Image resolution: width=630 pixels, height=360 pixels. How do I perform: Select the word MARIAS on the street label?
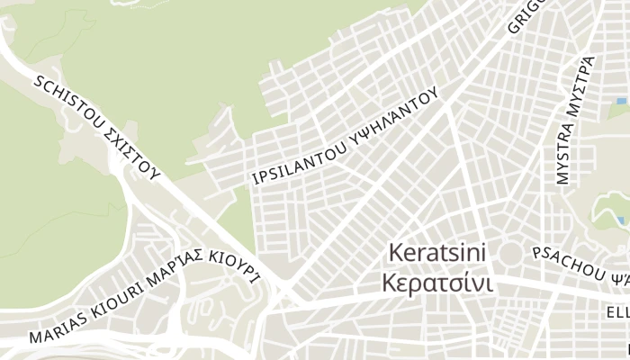pyautogui.click(x=56, y=329)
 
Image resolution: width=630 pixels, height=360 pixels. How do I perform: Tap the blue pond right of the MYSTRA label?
pyautogui.click(x=620, y=100)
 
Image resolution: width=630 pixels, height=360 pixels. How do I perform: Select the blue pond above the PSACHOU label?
pyautogui.click(x=622, y=220)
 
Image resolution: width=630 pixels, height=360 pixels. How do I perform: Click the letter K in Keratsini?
pyautogui.click(x=393, y=253)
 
